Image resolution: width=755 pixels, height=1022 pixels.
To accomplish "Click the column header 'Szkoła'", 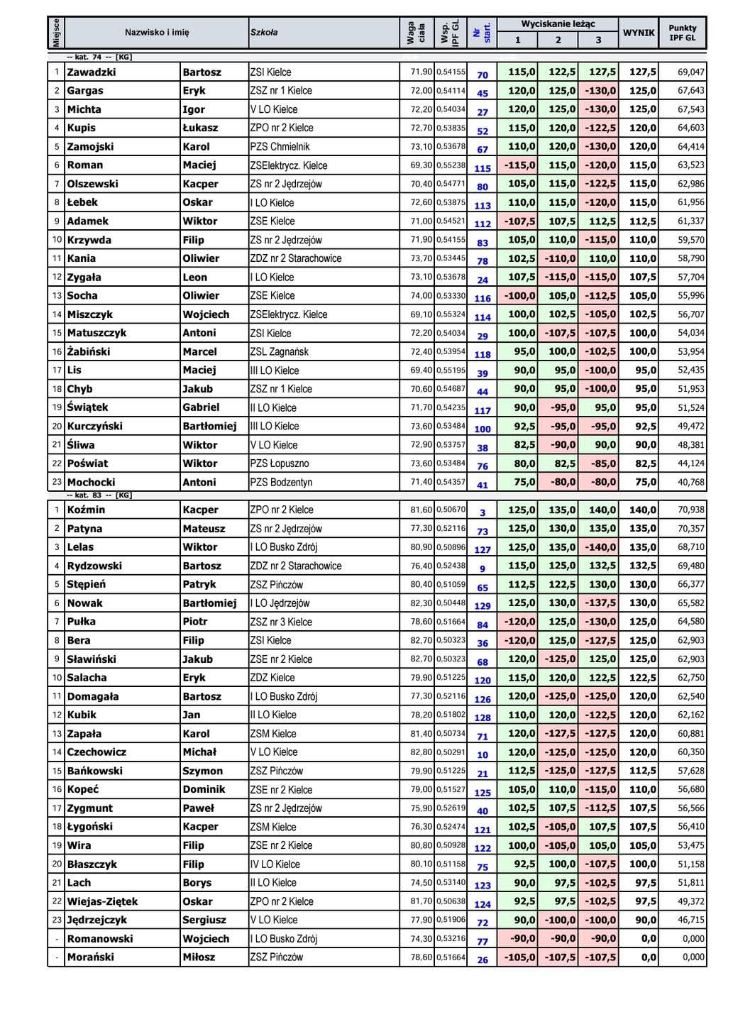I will click(264, 32).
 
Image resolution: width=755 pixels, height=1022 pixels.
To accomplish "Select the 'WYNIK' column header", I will click(639, 33).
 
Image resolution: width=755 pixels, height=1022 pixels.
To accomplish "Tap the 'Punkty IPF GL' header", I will click(683, 33).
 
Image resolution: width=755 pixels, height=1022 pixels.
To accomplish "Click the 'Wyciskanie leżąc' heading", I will click(558, 24).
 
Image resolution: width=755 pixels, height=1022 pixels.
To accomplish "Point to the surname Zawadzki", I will click(91, 72).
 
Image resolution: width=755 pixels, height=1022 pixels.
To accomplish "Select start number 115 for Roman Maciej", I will click(483, 168).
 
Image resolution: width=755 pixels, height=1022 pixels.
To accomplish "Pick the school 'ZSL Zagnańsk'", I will click(280, 352).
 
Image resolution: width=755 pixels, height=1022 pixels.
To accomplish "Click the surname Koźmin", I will click(86, 510).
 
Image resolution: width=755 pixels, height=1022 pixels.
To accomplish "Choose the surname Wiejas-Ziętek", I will click(102, 901).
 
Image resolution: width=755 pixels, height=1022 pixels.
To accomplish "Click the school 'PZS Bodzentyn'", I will click(282, 483).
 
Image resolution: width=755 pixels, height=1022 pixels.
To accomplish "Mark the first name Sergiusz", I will click(204, 920).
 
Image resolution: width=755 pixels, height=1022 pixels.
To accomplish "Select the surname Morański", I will click(90, 957).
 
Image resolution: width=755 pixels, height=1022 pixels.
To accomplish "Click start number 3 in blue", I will click(483, 512).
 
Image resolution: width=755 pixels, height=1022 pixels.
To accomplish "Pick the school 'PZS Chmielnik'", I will click(280, 147).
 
